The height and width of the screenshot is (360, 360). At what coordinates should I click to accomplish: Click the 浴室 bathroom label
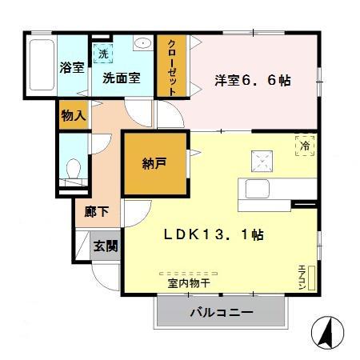tap(71, 67)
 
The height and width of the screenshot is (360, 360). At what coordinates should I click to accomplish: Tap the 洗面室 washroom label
tap(121, 78)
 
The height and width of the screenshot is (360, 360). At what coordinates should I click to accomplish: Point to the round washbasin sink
tap(143, 45)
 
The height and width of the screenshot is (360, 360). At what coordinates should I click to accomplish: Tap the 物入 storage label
tap(73, 115)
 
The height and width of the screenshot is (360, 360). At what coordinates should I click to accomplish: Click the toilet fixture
tap(73, 170)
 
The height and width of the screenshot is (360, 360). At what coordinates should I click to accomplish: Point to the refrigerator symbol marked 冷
tap(304, 145)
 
